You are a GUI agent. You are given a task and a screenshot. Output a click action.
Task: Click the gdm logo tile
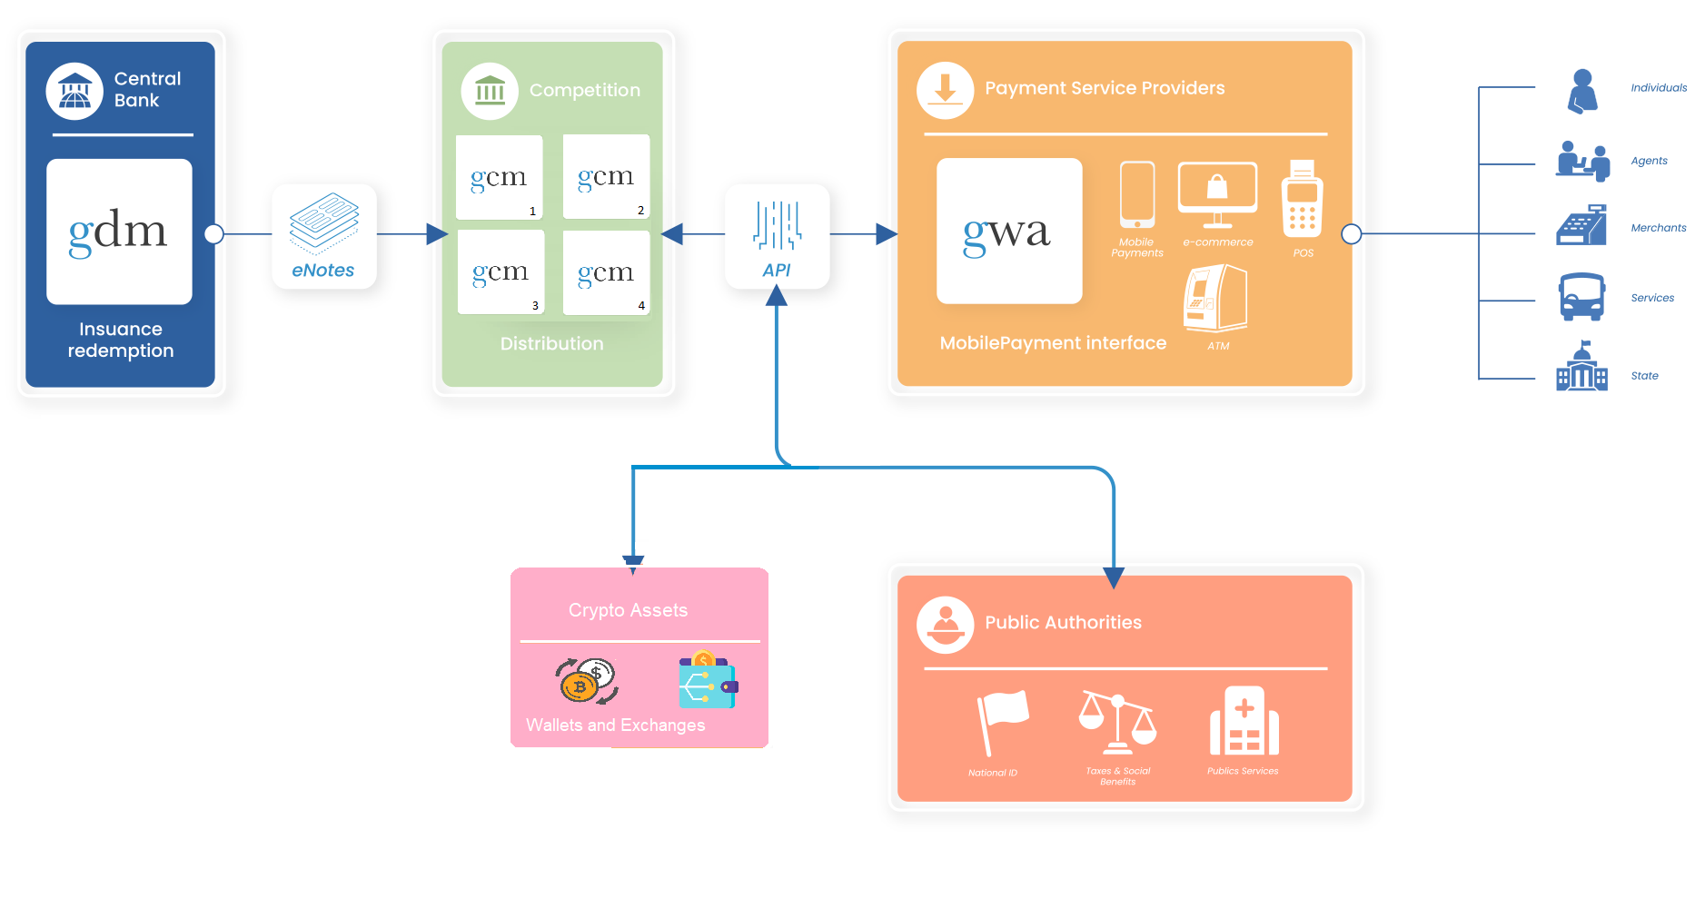point(119,232)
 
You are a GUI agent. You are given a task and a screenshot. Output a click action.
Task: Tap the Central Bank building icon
point(74,91)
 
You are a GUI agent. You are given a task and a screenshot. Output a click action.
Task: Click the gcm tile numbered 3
point(501,272)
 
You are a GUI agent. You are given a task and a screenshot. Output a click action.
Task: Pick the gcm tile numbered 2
point(606,176)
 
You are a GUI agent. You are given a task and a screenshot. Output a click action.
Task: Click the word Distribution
point(551,343)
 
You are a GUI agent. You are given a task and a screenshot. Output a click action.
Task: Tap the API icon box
point(777,236)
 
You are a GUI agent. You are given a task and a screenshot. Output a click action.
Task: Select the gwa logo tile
point(1009,232)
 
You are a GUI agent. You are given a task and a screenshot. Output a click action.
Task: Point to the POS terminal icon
point(1302,200)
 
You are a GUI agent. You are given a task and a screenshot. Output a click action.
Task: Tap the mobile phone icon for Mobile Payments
point(1136,194)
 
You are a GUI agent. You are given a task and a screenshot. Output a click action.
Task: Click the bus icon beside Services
point(1581,297)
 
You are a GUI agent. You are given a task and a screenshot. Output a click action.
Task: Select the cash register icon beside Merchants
point(1581,226)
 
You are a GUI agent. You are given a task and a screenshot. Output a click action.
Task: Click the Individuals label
point(1658,88)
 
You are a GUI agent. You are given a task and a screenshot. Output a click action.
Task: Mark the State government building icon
point(1581,367)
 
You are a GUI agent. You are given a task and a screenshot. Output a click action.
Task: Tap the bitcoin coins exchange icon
point(587,681)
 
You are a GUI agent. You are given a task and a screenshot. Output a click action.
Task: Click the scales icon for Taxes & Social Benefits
point(1117,723)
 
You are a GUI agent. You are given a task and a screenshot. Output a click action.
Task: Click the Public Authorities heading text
point(1063,622)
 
